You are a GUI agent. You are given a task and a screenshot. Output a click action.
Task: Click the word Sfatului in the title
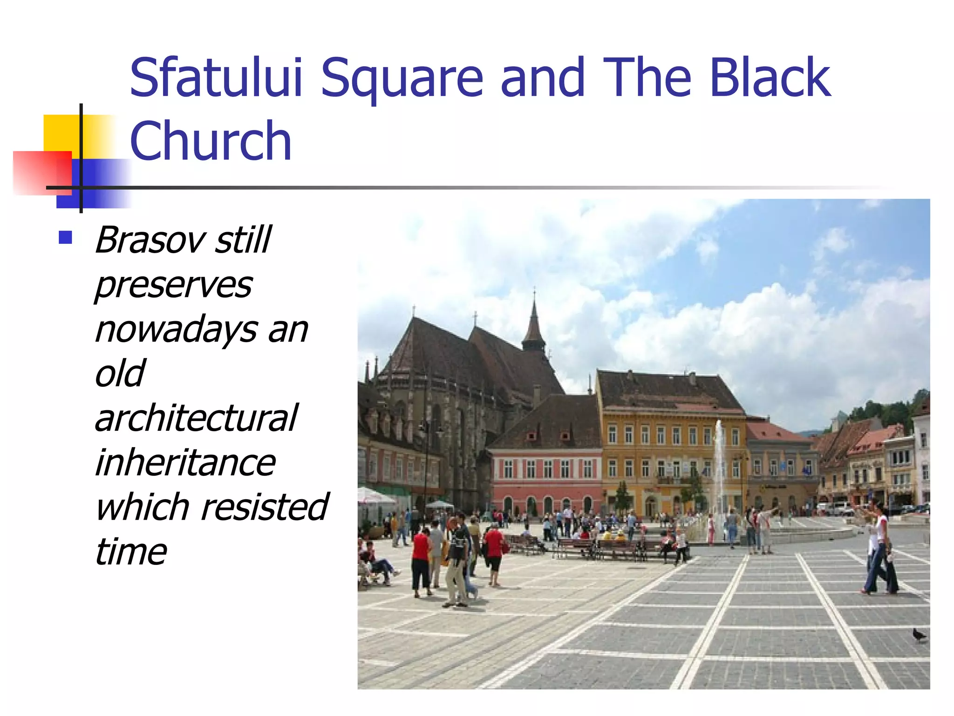pyautogui.click(x=216, y=77)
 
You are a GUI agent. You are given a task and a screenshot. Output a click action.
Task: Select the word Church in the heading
pyautogui.click(x=211, y=141)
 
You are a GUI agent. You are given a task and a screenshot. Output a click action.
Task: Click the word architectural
pyautogui.click(x=196, y=418)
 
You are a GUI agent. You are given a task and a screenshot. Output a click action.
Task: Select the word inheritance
pyautogui.click(x=185, y=462)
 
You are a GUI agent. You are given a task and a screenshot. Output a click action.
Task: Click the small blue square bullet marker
pyautogui.click(x=65, y=238)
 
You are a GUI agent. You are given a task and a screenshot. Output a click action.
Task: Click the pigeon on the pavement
pyautogui.click(x=919, y=635)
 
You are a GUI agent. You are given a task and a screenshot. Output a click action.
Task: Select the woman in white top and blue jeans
pyautogui.click(x=880, y=550)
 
